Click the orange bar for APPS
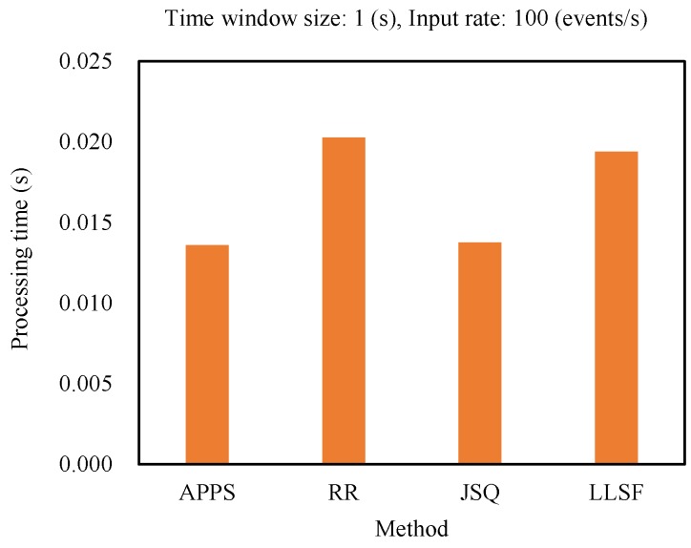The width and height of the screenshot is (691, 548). pos(207,354)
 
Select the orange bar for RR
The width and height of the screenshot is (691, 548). pos(344,301)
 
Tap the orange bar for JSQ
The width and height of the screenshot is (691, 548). pos(479,353)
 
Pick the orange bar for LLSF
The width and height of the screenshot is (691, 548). pos(616,307)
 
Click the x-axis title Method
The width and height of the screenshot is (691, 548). pos(411,527)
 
